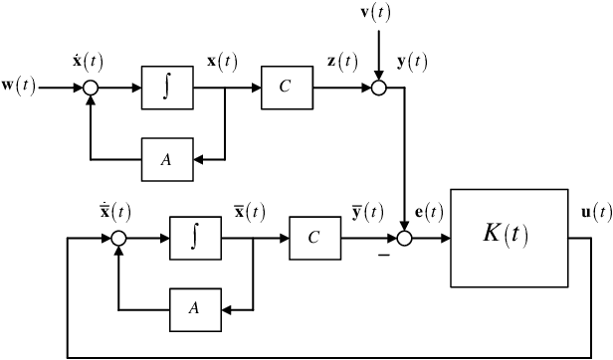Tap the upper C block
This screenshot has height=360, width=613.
click(285, 88)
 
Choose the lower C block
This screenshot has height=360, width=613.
click(312, 239)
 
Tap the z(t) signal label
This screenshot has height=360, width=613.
click(341, 61)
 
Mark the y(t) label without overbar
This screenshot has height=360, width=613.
click(411, 61)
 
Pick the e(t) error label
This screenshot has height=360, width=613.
click(429, 211)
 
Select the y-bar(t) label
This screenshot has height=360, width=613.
click(369, 211)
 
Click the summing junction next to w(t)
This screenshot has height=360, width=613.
click(90, 88)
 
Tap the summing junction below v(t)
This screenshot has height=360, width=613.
click(378, 89)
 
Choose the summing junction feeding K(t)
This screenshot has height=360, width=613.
click(406, 239)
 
